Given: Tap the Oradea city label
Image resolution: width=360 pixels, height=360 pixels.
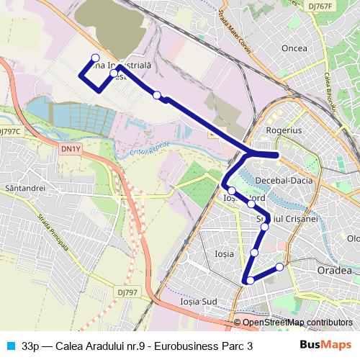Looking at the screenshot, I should coord(334,270).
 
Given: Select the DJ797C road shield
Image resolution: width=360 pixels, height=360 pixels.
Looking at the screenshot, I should coord(10,132).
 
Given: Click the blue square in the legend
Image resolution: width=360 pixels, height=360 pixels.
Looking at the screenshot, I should coord(10,346).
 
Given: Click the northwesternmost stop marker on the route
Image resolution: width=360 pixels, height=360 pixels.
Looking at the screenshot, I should coord(95,58).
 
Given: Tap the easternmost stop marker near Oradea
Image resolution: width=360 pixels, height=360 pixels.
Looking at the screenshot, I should coord(279,267).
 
